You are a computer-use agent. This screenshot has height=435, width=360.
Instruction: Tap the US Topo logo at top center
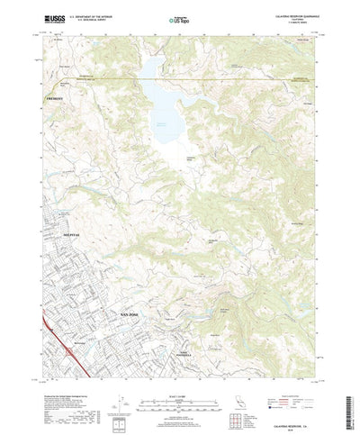tap(177, 19)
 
